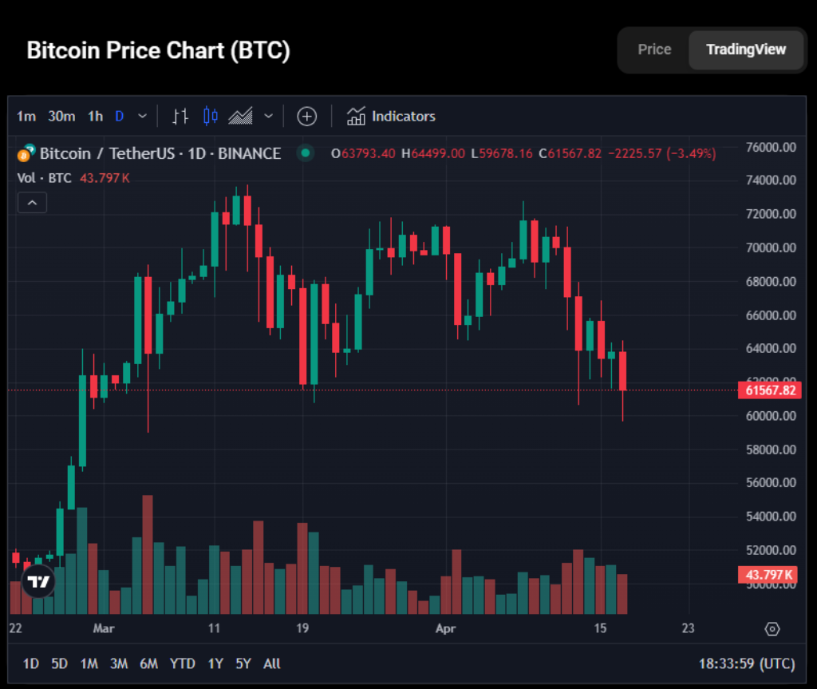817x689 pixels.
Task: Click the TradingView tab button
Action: [x=746, y=49]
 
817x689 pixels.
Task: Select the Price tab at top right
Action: [x=654, y=49]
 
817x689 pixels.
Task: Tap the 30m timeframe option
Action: [x=61, y=117]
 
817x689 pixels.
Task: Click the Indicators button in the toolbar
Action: [x=391, y=117]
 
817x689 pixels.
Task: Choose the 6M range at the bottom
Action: [x=148, y=663]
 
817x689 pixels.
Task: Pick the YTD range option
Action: [x=183, y=663]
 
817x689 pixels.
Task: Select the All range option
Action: [x=271, y=663]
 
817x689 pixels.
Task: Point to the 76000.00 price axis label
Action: [x=771, y=148]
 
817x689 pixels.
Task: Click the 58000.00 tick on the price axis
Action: [x=771, y=449]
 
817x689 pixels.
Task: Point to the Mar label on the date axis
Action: [x=104, y=628]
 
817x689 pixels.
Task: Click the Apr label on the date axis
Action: [x=446, y=628]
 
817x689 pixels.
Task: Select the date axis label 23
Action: [x=688, y=628]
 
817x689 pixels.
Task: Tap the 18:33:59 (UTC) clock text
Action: [x=747, y=663]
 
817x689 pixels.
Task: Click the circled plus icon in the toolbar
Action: [x=307, y=117]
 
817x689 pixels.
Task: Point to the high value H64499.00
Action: [x=433, y=153]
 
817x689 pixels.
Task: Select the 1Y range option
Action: [x=215, y=663]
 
